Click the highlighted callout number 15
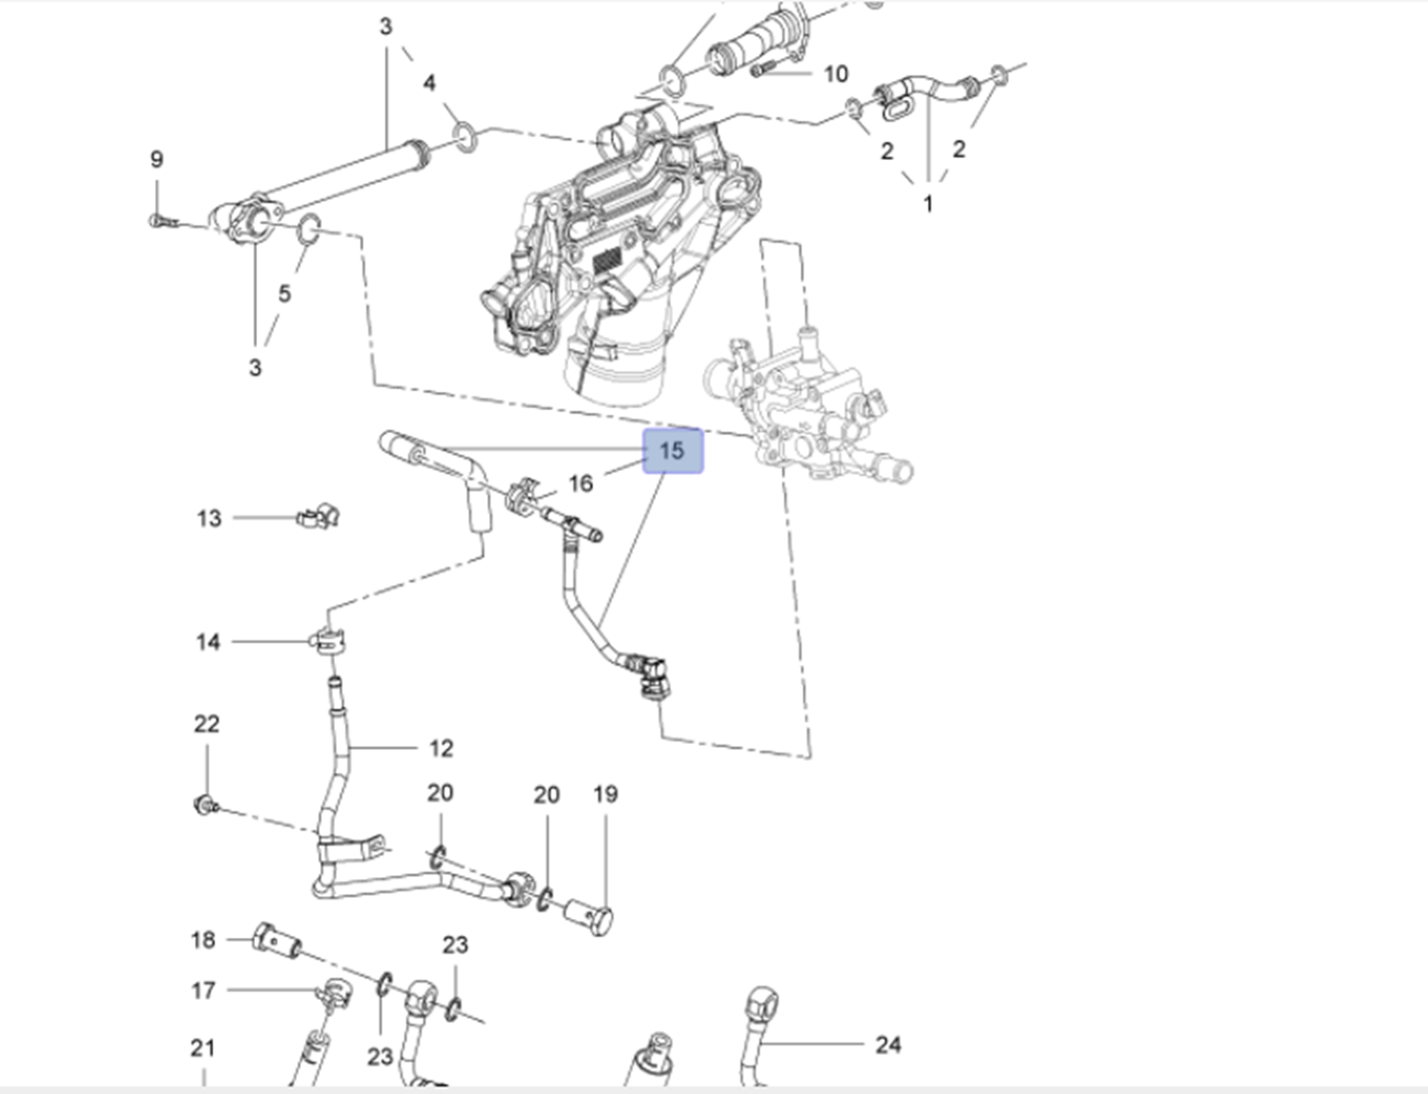(x=672, y=451)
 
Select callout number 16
(x=581, y=483)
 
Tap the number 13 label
(x=208, y=518)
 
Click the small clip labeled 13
(x=318, y=517)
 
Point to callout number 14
(x=208, y=642)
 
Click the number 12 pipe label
(x=441, y=749)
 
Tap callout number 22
(x=207, y=724)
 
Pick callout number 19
(x=605, y=793)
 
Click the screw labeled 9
(x=160, y=222)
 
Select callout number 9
(x=157, y=159)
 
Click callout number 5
(x=284, y=293)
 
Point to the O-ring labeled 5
(x=308, y=228)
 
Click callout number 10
(x=835, y=73)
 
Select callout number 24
(x=887, y=1045)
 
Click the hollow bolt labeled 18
(x=274, y=940)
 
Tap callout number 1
(x=928, y=203)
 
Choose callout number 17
(x=203, y=990)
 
